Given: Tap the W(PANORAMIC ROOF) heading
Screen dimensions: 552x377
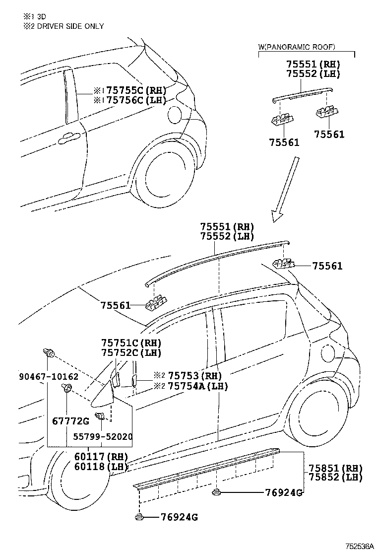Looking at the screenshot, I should click(297, 47).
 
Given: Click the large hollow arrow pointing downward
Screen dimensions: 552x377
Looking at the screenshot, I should click(286, 189).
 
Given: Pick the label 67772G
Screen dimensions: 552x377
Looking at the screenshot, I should click(70, 421).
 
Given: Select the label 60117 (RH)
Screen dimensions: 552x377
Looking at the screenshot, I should click(101, 457).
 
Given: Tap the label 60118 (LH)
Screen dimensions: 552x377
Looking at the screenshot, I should click(101, 467).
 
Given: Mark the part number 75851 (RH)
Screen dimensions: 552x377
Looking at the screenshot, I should click(336, 468).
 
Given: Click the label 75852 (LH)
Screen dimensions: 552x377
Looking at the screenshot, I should click(336, 478).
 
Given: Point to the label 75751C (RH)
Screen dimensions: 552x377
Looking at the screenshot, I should click(131, 343).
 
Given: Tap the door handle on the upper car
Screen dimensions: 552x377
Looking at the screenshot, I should click(70, 138).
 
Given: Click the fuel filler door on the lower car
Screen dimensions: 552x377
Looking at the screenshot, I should click(328, 353).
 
